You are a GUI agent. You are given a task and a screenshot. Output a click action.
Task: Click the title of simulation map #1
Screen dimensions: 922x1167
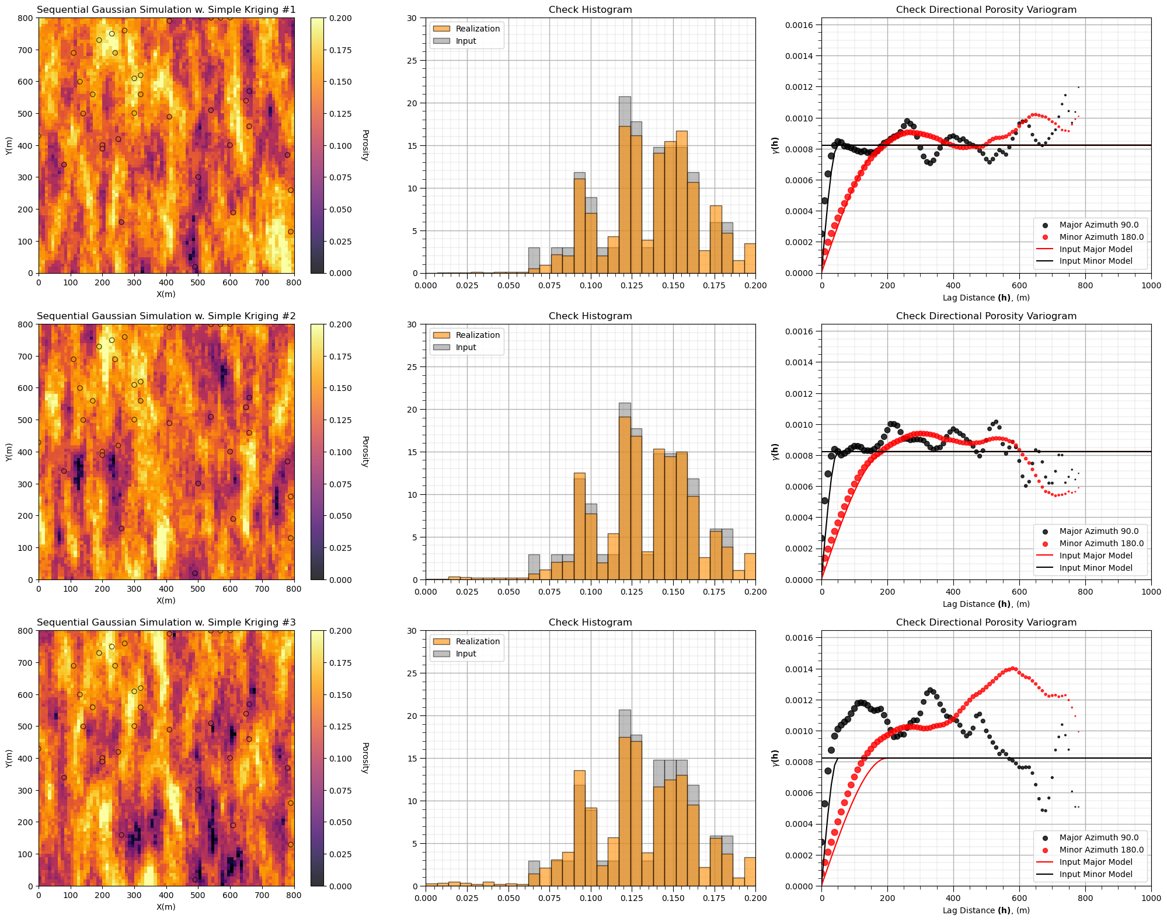click(166, 9)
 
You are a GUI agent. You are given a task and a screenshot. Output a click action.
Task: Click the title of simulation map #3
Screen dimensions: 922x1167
click(166, 622)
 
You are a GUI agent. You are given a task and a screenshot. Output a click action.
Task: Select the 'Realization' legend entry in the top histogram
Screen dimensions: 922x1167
click(478, 29)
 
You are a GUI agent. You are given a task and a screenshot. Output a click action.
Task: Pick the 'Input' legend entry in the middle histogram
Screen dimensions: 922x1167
click(466, 347)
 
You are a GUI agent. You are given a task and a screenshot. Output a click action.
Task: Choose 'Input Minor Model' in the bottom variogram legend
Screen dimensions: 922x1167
click(1096, 874)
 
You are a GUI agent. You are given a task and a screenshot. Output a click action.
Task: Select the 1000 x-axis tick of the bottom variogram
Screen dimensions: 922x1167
click(1151, 897)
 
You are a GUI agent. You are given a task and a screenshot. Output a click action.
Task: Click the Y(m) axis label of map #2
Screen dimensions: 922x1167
click(9, 452)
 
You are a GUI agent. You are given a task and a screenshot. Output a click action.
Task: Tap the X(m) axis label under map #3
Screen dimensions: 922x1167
click(166, 907)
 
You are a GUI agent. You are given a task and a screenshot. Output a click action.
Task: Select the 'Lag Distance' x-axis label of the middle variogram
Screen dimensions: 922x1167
click(986, 604)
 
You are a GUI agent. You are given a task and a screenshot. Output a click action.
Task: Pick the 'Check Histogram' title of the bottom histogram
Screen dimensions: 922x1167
click(590, 622)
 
